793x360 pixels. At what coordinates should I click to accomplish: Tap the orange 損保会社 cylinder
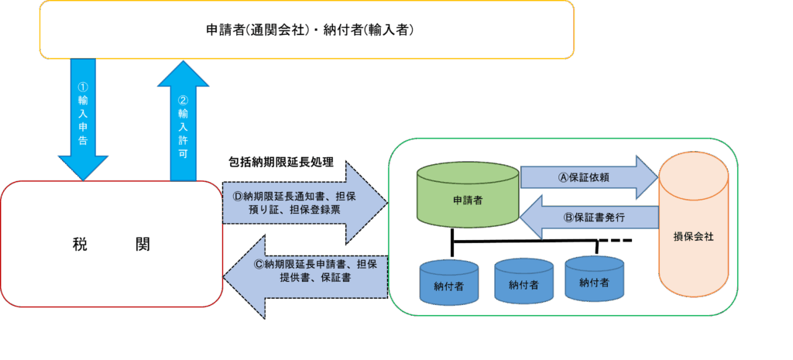click(x=693, y=225)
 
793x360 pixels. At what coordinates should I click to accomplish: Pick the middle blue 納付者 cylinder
click(x=524, y=281)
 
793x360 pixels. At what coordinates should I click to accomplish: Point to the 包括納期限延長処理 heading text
click(x=281, y=163)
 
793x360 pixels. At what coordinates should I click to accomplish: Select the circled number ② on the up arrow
click(x=183, y=100)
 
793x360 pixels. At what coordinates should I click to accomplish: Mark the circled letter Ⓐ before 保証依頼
click(x=564, y=177)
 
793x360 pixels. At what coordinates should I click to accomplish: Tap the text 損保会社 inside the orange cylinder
click(x=693, y=236)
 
